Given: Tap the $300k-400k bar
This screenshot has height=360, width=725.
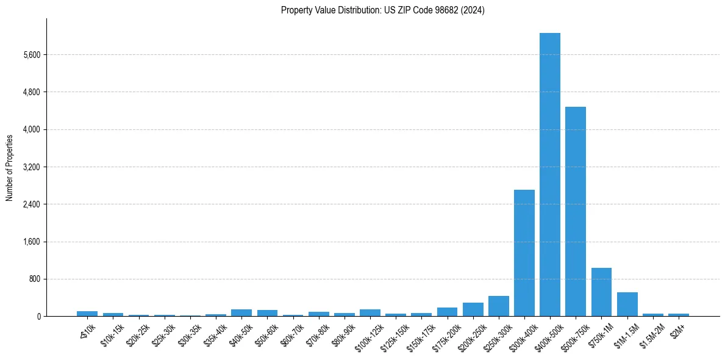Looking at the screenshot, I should tap(524, 253).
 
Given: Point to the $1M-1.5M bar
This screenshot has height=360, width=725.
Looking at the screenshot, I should tap(627, 304).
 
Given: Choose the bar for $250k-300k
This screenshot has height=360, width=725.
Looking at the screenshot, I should tap(498, 306).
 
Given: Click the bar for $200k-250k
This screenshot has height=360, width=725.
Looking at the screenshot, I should tap(473, 309).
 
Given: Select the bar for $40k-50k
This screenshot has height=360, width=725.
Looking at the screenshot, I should tap(241, 312).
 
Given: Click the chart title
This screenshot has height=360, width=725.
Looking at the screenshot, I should tap(383, 10).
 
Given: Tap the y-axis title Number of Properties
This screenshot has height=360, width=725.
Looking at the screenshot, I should tap(10, 167).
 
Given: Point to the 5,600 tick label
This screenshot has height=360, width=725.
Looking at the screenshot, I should tap(32, 55).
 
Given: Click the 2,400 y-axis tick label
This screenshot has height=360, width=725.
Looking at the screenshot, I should tap(32, 204).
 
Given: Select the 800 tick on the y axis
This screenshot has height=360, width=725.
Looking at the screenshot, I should tap(35, 279).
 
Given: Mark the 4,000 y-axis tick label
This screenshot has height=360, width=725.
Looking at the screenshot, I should tap(32, 129).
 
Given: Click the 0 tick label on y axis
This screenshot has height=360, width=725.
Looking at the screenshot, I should tap(38, 316).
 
